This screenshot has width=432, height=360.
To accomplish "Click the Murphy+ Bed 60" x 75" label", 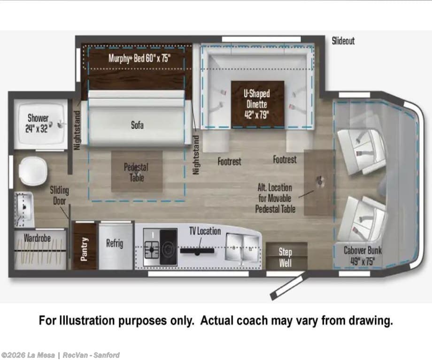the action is (139, 58).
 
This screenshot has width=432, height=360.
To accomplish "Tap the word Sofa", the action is (137, 125).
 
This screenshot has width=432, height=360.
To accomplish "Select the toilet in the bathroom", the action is (33, 171).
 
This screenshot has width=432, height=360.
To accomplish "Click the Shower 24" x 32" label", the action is (38, 123).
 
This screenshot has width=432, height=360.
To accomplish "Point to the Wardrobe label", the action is (37, 237).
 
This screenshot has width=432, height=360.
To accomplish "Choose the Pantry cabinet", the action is (84, 246).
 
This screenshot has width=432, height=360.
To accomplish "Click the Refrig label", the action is (115, 243).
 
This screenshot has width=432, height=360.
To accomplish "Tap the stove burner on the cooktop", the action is (151, 250).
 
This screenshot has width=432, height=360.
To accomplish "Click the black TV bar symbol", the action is (197, 251).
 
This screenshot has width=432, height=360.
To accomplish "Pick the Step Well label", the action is (285, 257).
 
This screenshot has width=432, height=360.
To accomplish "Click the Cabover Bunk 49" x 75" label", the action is (363, 256).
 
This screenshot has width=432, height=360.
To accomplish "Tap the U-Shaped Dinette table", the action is (257, 104).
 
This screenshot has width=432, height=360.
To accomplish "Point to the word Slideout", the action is (343, 41).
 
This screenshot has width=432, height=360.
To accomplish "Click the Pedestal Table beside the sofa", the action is (137, 171).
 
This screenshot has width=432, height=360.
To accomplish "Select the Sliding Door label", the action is (59, 196).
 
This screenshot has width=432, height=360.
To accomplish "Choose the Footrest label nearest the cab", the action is (285, 160).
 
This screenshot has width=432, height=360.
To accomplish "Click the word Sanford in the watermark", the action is (106, 355).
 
